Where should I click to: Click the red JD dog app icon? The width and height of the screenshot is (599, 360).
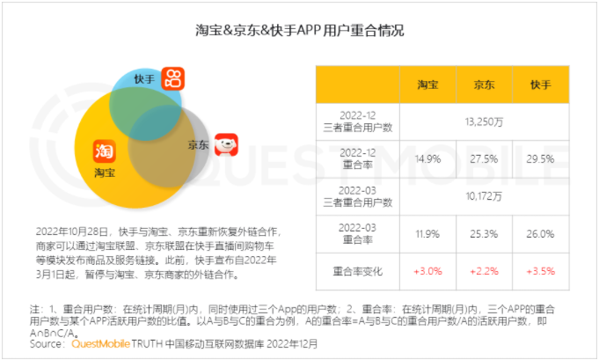pyautogui.click(x=227, y=144)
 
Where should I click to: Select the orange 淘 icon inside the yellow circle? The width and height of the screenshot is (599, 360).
pyautogui.click(x=105, y=151)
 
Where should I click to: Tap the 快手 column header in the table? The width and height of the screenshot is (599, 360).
pyautogui.click(x=541, y=84)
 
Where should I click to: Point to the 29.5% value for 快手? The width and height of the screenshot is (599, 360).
pyautogui.click(x=541, y=158)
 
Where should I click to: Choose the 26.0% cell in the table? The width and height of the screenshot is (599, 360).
pyautogui.click(x=541, y=233)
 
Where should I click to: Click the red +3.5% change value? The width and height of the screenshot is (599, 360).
pyautogui.click(x=541, y=270)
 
